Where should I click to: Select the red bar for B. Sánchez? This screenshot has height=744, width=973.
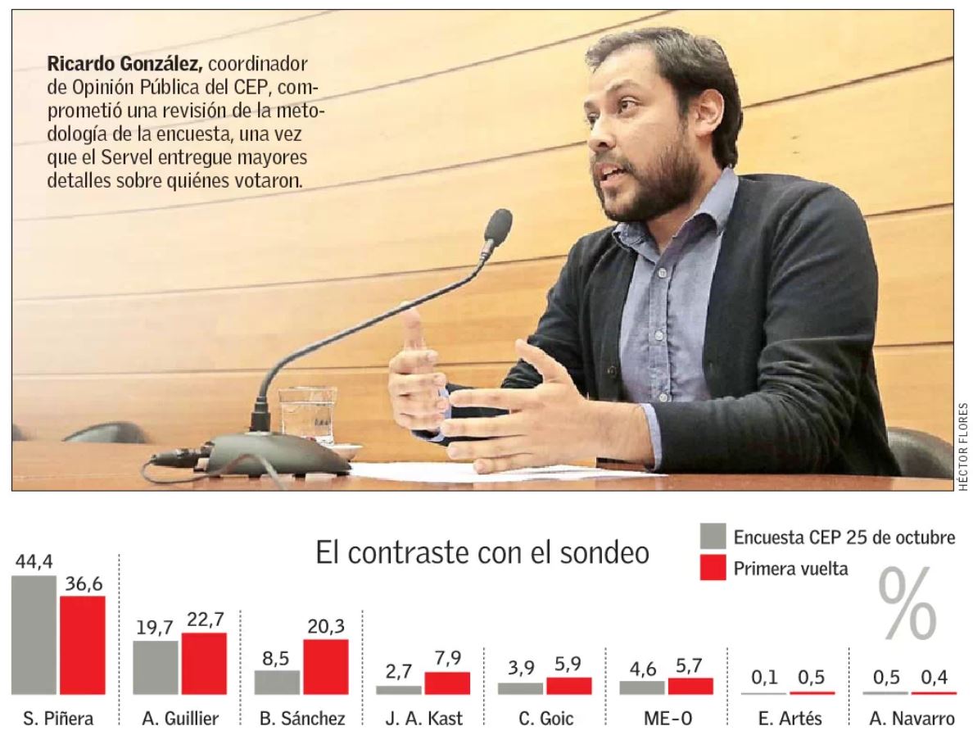[x=325, y=667]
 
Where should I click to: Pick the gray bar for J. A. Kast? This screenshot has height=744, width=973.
[x=398, y=690]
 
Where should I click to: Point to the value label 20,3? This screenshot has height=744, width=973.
[x=325, y=626]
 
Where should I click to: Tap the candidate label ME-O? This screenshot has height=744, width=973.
[x=666, y=719]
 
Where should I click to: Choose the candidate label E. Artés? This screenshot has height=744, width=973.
[x=787, y=719]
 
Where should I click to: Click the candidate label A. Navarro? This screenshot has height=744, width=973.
[x=909, y=719]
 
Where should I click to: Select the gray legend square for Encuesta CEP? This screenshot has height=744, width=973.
[x=713, y=538]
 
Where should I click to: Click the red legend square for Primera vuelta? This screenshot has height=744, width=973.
[x=713, y=567]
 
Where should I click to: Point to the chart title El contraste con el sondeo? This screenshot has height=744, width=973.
[x=482, y=553]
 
